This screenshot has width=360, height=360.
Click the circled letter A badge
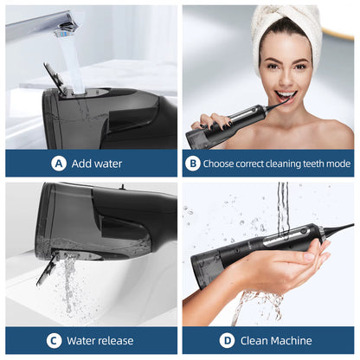click(59, 163)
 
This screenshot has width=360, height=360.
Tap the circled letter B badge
click(193, 163)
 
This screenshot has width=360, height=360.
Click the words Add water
click(97, 163)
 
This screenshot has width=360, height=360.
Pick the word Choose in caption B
click(222, 163)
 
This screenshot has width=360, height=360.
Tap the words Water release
click(98, 340)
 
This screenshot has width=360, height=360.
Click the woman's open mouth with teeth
click(286, 96)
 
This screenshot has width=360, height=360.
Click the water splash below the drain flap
click(67, 290)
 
